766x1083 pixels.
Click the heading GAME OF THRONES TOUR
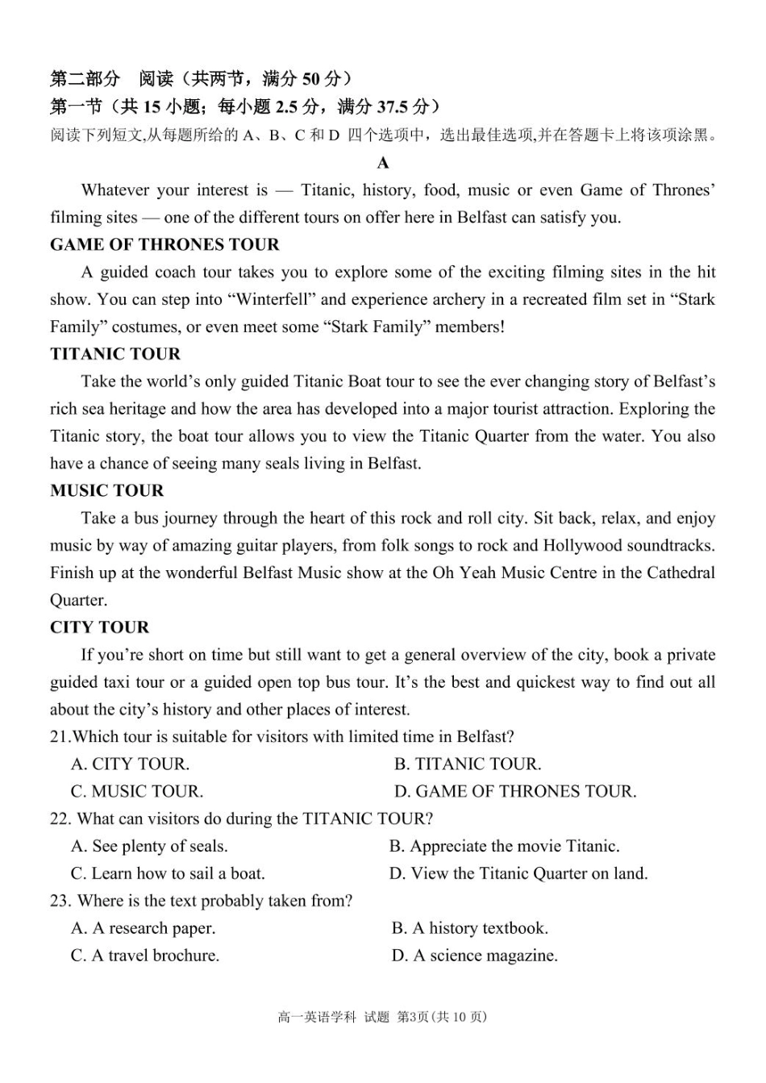[164, 244]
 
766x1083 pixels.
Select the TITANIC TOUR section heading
[115, 354]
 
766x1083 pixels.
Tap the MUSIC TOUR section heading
[106, 491]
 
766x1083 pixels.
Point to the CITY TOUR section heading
[99, 627]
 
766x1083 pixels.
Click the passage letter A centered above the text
[383, 163]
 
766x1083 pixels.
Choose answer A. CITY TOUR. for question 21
[130, 764]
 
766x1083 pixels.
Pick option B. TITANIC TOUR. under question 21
[468, 764]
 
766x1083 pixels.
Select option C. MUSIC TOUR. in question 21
[137, 791]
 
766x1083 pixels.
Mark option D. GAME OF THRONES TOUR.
[515, 791]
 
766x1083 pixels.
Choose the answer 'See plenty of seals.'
[149, 846]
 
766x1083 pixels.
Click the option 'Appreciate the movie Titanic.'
[505, 846]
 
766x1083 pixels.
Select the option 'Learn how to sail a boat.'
[168, 873]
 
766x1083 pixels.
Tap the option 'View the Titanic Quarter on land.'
[519, 873]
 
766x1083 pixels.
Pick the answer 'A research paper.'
[144, 928]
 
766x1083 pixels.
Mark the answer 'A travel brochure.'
[145, 956]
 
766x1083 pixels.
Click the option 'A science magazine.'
[475, 956]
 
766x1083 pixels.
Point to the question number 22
[60, 818]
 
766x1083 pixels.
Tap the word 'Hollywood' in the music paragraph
[582, 545]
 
